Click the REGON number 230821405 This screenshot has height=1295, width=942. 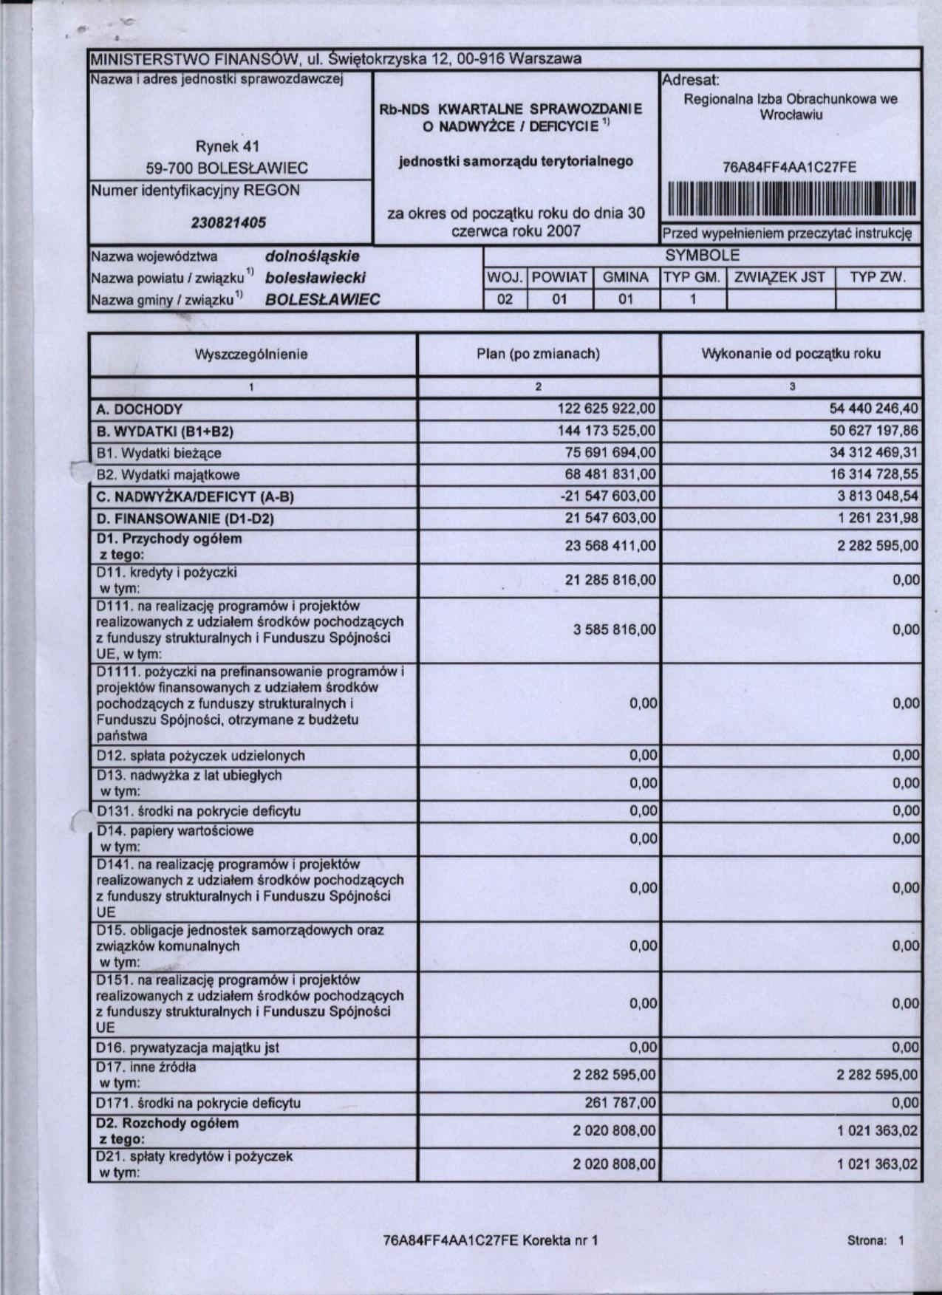click(230, 222)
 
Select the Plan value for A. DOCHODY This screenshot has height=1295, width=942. click(607, 409)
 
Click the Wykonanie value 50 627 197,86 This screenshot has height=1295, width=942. click(874, 431)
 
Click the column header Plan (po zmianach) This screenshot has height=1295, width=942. click(538, 354)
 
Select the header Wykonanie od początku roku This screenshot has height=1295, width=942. click(791, 354)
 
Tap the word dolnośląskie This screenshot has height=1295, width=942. click(312, 256)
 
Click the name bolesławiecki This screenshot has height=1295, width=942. click(315, 278)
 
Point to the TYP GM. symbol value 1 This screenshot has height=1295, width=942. click(692, 300)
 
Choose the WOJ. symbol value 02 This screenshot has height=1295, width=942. click(505, 300)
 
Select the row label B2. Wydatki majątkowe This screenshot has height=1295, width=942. click(168, 474)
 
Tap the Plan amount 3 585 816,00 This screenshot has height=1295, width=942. click(614, 629)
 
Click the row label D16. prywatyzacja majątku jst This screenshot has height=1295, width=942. click(188, 1048)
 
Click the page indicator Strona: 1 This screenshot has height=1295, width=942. click(876, 1241)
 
